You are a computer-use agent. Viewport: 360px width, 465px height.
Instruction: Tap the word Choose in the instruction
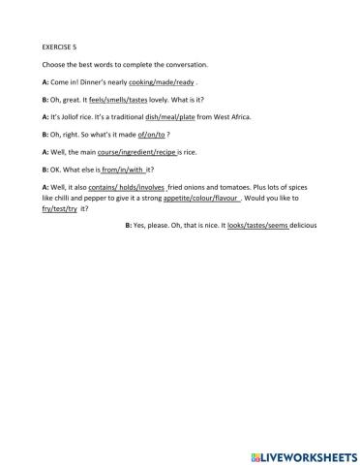54,64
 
